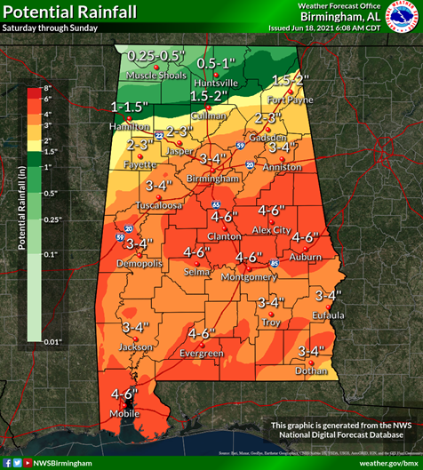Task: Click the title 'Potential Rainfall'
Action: (x=68, y=12)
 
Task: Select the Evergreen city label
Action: (x=200, y=354)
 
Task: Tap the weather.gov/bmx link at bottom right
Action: (x=388, y=463)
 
